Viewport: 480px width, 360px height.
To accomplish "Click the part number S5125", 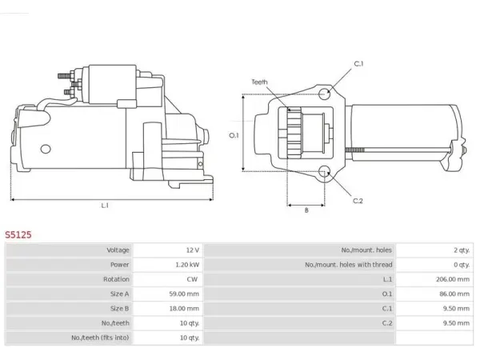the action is coord(18,234).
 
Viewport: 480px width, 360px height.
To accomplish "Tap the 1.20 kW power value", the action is coord(187,265).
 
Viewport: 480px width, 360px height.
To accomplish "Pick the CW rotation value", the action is coord(192,279).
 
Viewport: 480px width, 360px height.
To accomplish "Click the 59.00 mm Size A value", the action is coord(184,294).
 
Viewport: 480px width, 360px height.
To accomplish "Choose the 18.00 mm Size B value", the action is coord(184,309).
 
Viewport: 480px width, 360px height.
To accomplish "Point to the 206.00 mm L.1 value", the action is coord(453,279).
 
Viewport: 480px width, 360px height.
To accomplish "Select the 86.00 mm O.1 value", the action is coord(454,294).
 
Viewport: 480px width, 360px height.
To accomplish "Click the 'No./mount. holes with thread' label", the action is coord(348,265).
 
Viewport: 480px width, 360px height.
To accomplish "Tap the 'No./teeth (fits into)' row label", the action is coord(100,338).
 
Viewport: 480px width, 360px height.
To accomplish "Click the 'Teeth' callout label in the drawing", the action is coord(259,82).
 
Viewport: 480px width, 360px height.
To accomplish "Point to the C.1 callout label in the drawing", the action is coord(358,64).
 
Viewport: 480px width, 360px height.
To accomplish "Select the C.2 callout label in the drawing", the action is coord(358,201).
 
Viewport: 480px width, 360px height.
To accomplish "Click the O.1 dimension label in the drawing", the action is coord(234,135).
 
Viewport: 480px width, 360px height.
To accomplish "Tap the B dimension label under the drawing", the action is coord(306,210).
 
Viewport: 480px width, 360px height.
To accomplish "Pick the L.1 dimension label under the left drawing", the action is coord(105,206).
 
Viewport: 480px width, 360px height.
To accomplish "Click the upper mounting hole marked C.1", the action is coord(325,94).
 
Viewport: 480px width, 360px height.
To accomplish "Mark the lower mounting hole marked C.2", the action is coord(325,172).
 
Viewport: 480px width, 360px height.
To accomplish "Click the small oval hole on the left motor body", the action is coord(46,149).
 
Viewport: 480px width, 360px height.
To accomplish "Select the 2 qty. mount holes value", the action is coord(462,250).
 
